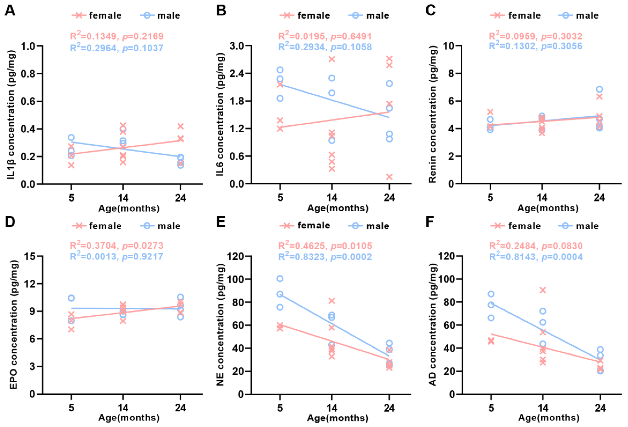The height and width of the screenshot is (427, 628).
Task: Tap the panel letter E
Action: pos(221,222)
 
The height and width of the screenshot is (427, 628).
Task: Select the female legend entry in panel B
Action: pos(305,15)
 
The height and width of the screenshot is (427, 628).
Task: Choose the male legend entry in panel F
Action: pos(579,226)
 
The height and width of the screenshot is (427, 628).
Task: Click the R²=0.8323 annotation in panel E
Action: pos(325,257)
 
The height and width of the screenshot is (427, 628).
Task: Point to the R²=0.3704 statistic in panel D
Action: pos(116,245)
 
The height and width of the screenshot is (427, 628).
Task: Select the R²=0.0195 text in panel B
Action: pos(325,36)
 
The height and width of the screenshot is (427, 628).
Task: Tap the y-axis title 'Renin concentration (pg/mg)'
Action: pos(432,114)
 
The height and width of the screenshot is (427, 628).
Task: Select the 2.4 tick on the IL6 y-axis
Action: pos(237,74)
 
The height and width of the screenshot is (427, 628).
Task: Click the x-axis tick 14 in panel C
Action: pos(542,198)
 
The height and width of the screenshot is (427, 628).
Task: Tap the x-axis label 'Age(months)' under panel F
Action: pos(548,418)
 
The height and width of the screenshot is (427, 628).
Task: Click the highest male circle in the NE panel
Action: pos(280,279)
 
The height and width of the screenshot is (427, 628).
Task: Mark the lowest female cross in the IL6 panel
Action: pos(389,177)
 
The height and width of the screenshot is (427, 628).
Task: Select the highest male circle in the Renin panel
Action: pos(599,89)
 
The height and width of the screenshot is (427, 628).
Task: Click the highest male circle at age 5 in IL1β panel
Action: pos(71,137)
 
